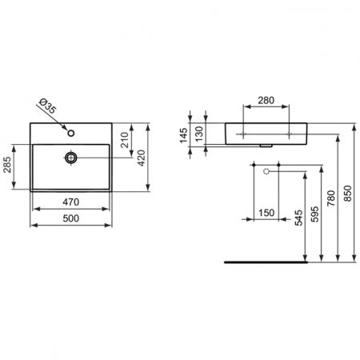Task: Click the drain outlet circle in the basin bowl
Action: pos(71,158)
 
